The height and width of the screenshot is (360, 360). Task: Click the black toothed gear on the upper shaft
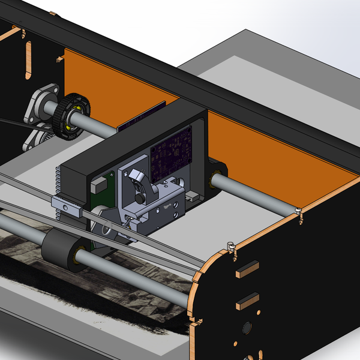tap(67, 116)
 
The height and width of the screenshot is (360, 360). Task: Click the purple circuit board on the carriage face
tap(171, 156)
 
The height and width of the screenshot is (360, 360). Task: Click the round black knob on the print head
tap(139, 197)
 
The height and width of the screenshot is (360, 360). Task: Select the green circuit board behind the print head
tap(101, 187)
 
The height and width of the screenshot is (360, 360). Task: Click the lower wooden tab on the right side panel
tap(247, 300)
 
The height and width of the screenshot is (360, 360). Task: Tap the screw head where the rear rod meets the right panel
tap(297, 210)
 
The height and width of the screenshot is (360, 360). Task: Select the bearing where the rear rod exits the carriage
tap(214, 178)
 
